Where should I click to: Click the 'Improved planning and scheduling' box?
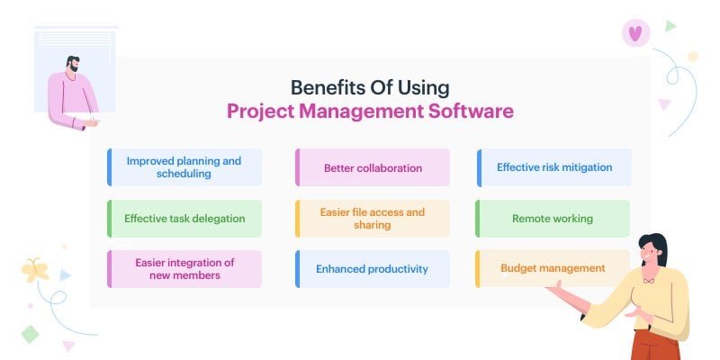tap(184, 167)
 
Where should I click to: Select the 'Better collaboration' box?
tap(373, 167)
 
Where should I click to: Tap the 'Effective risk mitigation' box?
tap(554, 167)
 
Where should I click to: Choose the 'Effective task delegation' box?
tap(184, 218)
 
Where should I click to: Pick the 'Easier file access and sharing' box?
tap(373, 219)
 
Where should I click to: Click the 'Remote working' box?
tap(553, 218)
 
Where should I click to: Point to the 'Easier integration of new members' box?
tap(184, 268)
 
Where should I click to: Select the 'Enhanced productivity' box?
tap(373, 268)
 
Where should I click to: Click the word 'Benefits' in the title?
tap(323, 88)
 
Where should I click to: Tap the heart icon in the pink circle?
tap(635, 33)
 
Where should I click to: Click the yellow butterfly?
tap(35, 269)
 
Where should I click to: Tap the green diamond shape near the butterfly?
tap(30, 334)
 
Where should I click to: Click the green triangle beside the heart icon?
tap(670, 26)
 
